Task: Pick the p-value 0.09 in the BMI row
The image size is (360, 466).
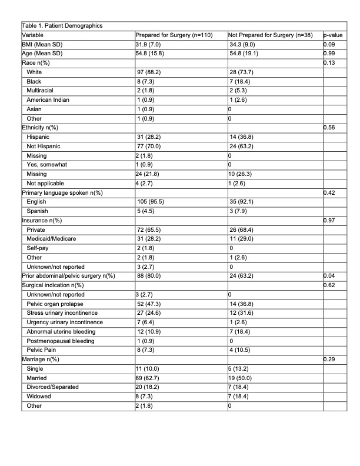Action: (x=330, y=44)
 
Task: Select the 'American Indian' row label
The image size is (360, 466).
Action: (x=48, y=99)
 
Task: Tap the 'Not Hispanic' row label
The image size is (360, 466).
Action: (x=44, y=146)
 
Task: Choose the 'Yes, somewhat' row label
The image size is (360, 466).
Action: (x=46, y=165)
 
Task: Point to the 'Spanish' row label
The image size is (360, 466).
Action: (x=38, y=211)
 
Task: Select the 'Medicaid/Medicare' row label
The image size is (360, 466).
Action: (x=52, y=238)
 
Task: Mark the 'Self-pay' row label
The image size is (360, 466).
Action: (x=39, y=248)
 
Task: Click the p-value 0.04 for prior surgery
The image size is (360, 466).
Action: (x=330, y=275)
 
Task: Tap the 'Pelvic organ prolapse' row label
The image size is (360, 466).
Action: (x=56, y=303)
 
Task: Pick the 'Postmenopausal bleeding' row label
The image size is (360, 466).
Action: (x=59, y=340)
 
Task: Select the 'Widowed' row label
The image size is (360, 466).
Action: (x=39, y=395)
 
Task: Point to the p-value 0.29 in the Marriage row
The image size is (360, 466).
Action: (x=330, y=358)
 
